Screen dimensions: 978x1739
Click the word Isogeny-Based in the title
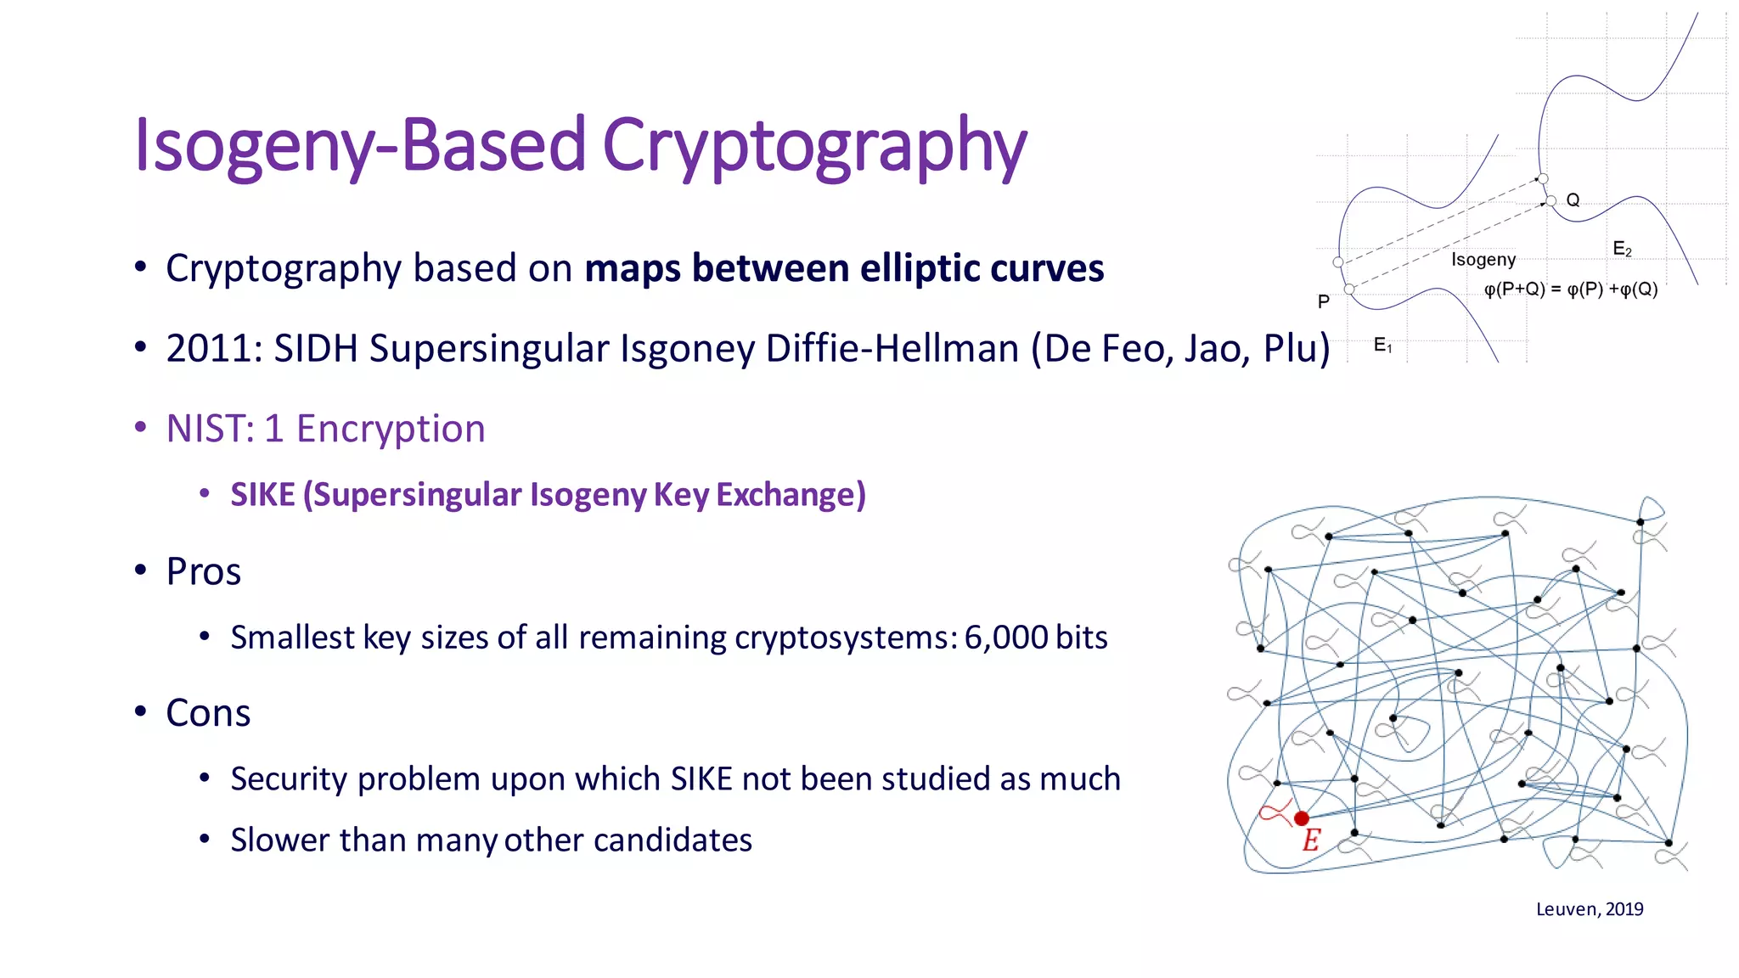[360, 146]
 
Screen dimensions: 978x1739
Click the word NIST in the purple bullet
[205, 429]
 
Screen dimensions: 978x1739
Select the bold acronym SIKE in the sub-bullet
[262, 495]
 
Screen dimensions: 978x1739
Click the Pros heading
[204, 571]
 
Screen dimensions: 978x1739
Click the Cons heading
[208, 713]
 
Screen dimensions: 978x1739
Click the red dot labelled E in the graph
[1301, 818]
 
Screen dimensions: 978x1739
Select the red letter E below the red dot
[1311, 840]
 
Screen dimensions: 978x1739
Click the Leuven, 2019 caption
[1590, 909]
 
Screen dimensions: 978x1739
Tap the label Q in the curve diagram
[1573, 200]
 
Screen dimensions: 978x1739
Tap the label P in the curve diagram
[1323, 302]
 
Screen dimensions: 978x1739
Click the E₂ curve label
[1622, 249]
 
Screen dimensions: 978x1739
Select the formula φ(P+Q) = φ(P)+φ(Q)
[1570, 289]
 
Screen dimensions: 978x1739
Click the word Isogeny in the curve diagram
[1483, 260]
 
